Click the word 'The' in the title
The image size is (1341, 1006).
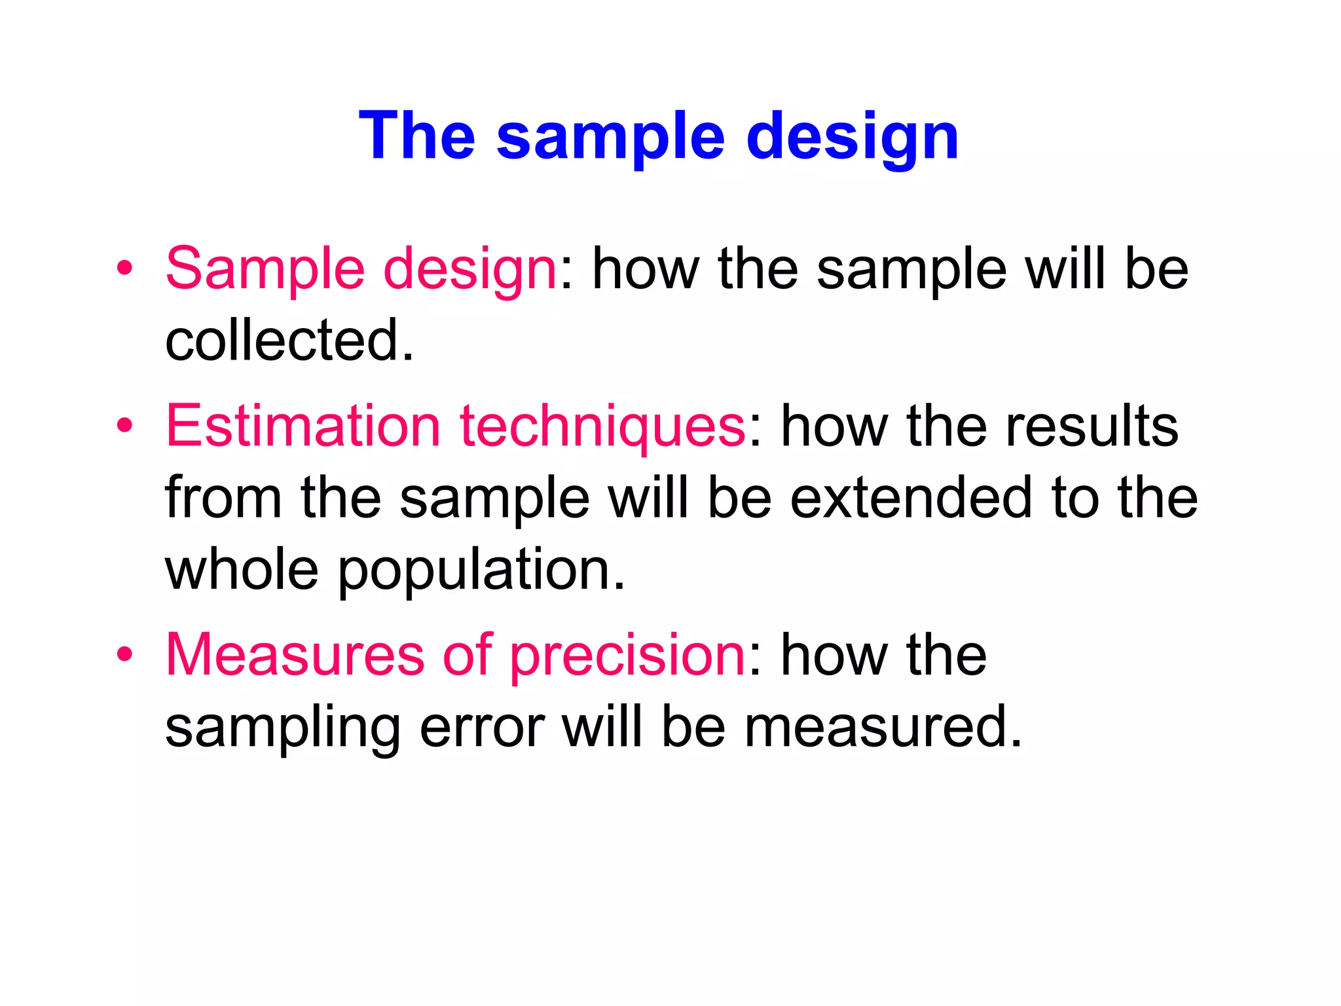click(x=417, y=136)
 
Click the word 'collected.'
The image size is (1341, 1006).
click(x=289, y=340)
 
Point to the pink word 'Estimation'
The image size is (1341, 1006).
click(x=303, y=426)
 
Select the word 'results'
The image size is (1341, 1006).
click(x=1092, y=426)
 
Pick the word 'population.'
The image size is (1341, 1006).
click(x=482, y=571)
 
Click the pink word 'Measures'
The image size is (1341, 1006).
click(x=295, y=654)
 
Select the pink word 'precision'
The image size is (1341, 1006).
click(x=627, y=656)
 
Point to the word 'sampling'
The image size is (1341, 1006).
click(x=283, y=729)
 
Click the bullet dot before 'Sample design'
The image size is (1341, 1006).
click(x=124, y=269)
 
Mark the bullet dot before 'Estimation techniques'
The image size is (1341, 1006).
click(x=124, y=426)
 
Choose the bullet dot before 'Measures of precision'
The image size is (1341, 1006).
click(x=124, y=654)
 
